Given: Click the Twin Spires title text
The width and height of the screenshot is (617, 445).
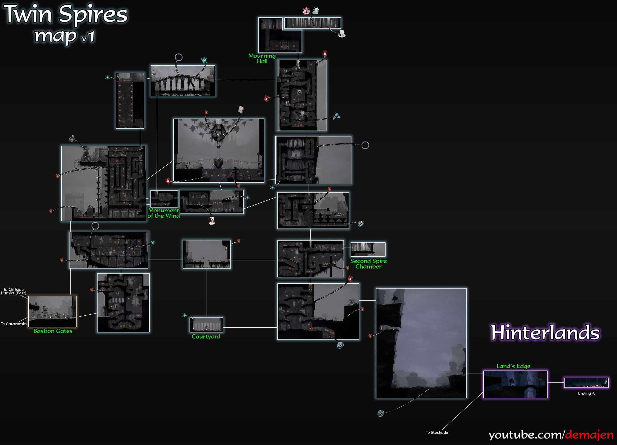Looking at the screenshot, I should pyautogui.click(x=66, y=14).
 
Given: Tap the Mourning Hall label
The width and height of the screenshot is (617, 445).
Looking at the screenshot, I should pyautogui.click(x=262, y=59).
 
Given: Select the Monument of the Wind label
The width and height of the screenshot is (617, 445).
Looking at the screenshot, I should pyautogui.click(x=163, y=213).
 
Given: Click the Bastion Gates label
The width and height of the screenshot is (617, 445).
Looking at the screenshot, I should pyautogui.click(x=53, y=331).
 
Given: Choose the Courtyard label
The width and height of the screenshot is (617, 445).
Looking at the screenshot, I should pyautogui.click(x=206, y=336).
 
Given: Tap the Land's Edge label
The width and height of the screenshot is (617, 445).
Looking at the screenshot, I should pyautogui.click(x=513, y=366).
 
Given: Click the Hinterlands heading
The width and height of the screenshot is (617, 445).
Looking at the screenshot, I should pyautogui.click(x=545, y=332).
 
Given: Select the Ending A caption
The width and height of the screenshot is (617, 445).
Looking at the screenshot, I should pyautogui.click(x=586, y=393).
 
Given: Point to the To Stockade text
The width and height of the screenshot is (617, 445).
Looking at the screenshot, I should pyautogui.click(x=437, y=433).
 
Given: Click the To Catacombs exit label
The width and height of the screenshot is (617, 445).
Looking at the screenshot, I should pyautogui.click(x=14, y=324).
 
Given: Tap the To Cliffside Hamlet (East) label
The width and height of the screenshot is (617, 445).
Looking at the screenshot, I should pyautogui.click(x=14, y=291).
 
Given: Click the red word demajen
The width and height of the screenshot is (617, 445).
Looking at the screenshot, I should pyautogui.click(x=589, y=434).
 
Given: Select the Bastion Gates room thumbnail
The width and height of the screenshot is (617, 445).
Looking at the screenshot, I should pyautogui.click(x=53, y=311).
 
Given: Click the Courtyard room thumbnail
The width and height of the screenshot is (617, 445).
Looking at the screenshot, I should pyautogui.click(x=206, y=325).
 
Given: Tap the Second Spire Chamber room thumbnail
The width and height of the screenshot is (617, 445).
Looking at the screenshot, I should pyautogui.click(x=368, y=249).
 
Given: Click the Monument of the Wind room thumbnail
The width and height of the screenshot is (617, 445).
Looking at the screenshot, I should pyautogui.click(x=164, y=199).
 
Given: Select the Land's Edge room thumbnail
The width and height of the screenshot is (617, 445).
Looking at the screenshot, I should pyautogui.click(x=515, y=384).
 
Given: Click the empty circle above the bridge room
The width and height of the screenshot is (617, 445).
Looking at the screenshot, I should pyautogui.click(x=179, y=57).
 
